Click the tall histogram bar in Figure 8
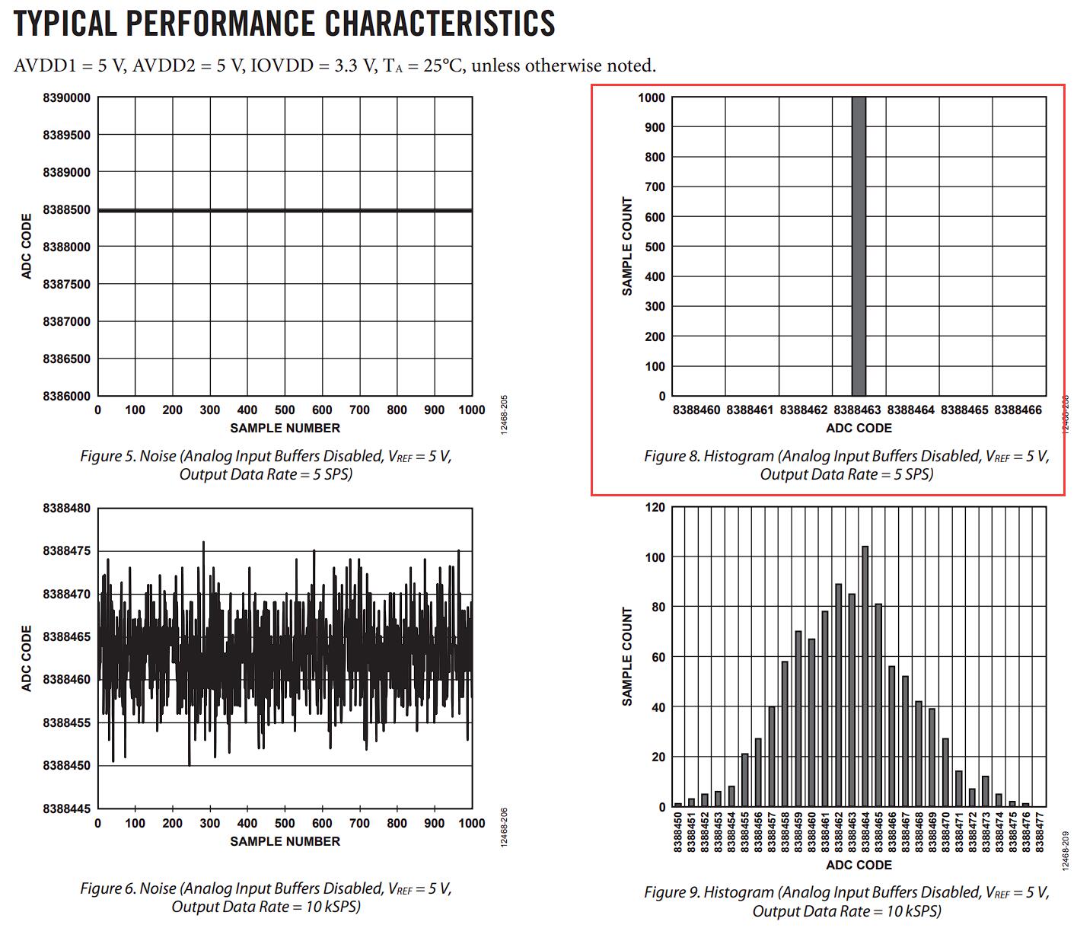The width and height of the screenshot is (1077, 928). [x=858, y=245]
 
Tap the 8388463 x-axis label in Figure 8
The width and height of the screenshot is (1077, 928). [x=857, y=410]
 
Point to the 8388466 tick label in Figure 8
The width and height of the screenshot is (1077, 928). [x=1018, y=410]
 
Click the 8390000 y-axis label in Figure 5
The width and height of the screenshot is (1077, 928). [x=66, y=98]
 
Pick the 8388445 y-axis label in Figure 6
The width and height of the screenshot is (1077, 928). [x=66, y=808]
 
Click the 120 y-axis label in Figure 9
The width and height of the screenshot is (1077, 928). [x=655, y=508]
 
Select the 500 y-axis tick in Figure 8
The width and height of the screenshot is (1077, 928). [x=655, y=247]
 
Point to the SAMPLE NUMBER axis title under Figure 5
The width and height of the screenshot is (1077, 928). [x=285, y=428]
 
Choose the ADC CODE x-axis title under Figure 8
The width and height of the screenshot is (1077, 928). [x=859, y=428]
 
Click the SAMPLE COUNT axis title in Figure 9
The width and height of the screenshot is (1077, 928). [x=627, y=656]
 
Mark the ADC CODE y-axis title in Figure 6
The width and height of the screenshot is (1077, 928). [x=27, y=658]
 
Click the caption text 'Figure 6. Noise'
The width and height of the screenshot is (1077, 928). [x=128, y=888]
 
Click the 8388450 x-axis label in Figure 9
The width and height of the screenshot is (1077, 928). [x=677, y=833]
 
